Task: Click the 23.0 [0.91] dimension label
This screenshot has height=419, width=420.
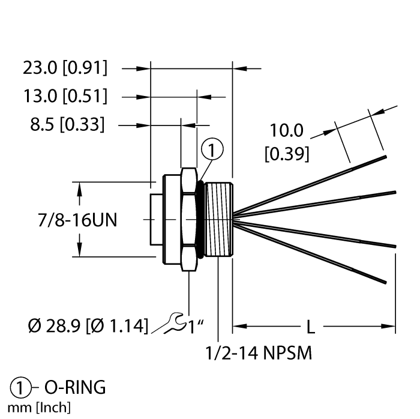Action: tap(65, 68)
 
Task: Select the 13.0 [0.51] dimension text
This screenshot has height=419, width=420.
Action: tap(65, 96)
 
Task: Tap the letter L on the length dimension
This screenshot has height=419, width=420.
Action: tap(311, 327)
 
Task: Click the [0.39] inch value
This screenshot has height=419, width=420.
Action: tap(287, 154)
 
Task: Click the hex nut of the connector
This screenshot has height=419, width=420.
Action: tap(188, 219)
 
